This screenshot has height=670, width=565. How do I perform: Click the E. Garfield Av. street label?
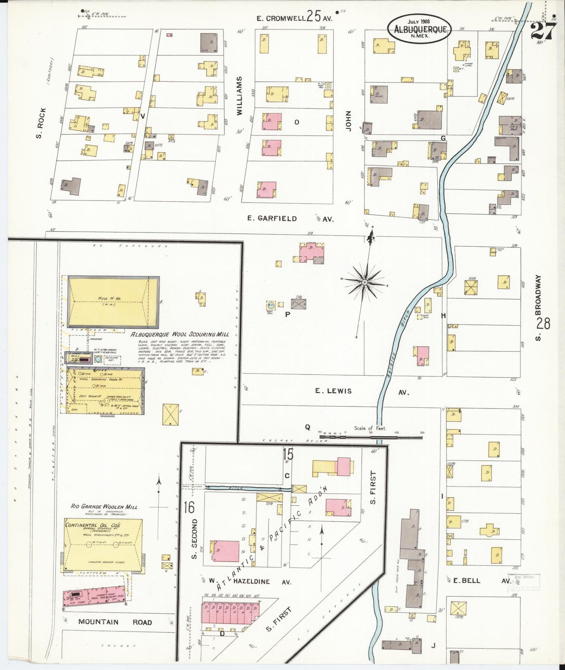tap(289, 219)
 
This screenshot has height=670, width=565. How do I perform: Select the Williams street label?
tap(240, 95)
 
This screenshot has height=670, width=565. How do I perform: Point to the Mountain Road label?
tap(115, 622)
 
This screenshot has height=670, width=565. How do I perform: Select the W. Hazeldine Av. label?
tap(250, 581)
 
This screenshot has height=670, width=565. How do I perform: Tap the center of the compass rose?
tap(364, 282)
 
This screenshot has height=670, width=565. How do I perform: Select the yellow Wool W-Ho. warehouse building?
tap(113, 302)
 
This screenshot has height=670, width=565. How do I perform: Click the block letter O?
tap(297, 122)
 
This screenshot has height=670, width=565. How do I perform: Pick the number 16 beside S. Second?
tap(189, 507)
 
